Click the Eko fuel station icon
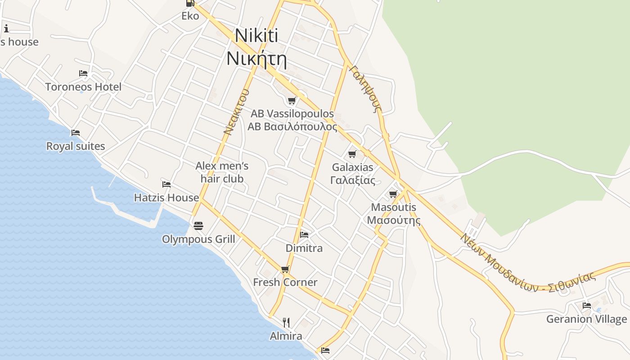coord(190,4)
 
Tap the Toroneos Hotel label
coord(83,87)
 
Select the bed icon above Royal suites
coord(75,133)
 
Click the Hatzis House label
coord(166,198)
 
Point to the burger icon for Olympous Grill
coord(198,225)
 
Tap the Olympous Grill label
coord(198,239)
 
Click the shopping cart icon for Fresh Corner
coord(285,270)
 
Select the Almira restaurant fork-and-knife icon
coord(286,322)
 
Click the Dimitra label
coord(304,248)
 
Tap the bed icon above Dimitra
coord(304,234)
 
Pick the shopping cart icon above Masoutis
coord(393,194)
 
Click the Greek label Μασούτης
coord(394,220)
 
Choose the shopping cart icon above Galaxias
coord(352,154)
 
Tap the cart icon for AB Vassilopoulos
coord(292,100)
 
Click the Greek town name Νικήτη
coord(256,59)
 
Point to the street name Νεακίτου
coord(236,112)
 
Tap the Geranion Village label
coord(586,319)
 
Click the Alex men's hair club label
coord(222,172)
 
